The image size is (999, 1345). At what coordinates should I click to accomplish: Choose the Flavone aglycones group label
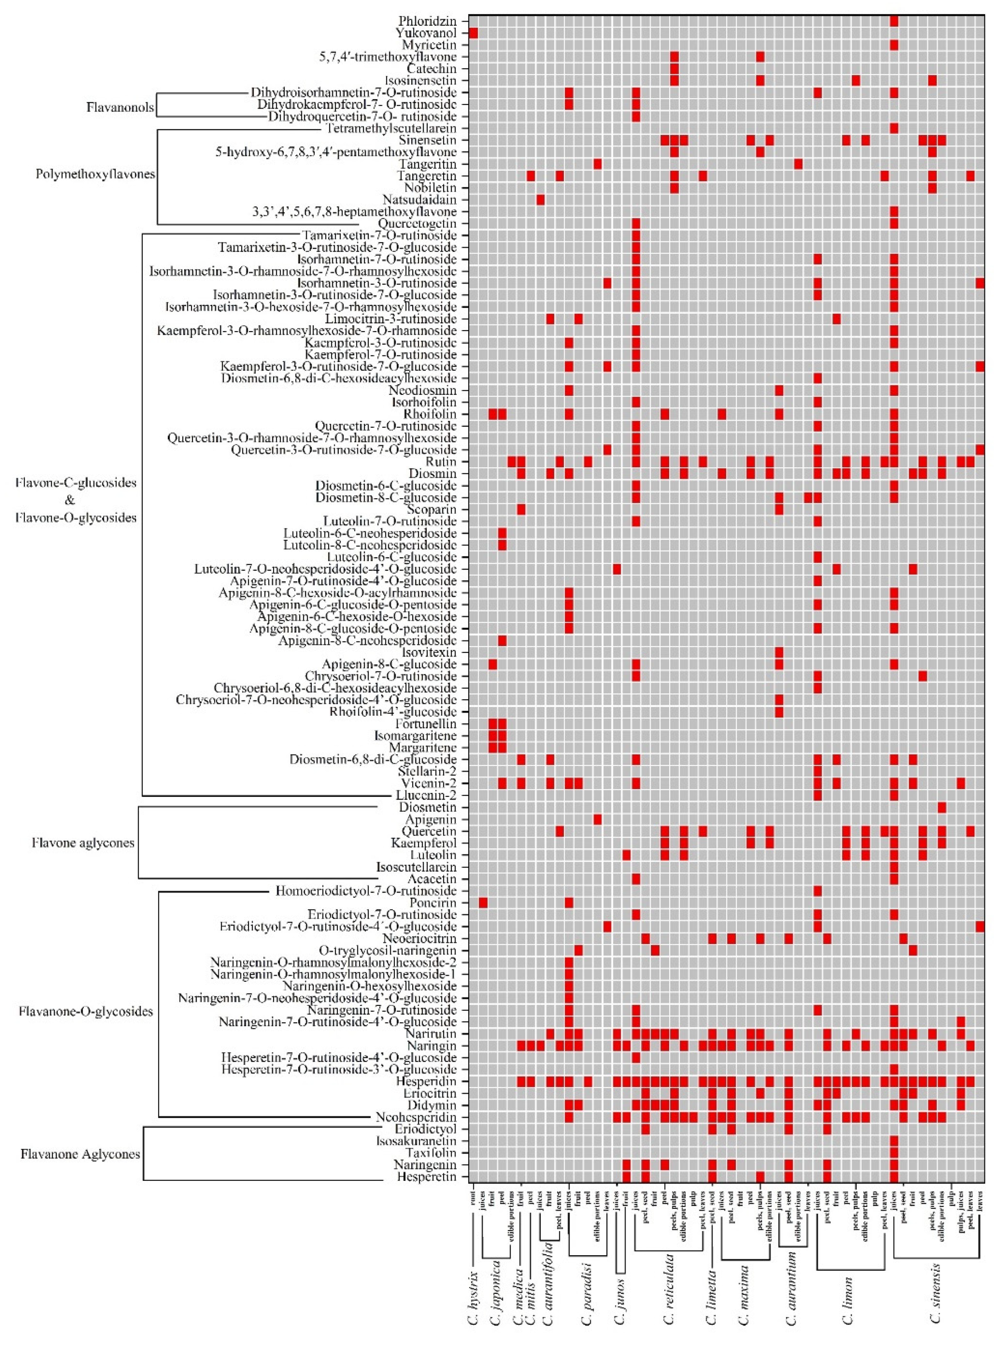click(83, 842)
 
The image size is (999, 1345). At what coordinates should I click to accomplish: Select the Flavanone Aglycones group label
click(81, 1154)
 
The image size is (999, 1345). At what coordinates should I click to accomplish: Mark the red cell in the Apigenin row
click(598, 820)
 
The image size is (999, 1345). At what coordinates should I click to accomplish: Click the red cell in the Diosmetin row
click(942, 807)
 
